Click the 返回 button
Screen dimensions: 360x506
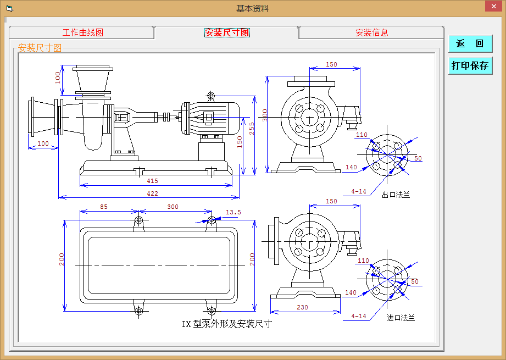470,44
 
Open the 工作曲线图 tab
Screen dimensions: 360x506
82,32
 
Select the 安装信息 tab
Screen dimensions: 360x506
371,32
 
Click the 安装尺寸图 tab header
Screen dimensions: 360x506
226,32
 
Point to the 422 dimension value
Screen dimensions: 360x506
152,193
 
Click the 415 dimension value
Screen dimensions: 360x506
152,181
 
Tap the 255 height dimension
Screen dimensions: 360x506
252,128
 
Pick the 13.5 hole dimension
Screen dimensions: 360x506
233,212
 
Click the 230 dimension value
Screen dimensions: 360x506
302,308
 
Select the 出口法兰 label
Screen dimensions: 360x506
396,195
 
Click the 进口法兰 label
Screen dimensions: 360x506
401,318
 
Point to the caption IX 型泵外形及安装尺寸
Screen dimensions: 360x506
227,324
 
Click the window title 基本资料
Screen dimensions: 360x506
253,8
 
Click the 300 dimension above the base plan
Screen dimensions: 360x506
173,207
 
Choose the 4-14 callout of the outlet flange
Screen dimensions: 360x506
359,192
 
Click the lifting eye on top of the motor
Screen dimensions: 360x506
212,95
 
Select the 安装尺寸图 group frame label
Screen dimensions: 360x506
40,48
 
